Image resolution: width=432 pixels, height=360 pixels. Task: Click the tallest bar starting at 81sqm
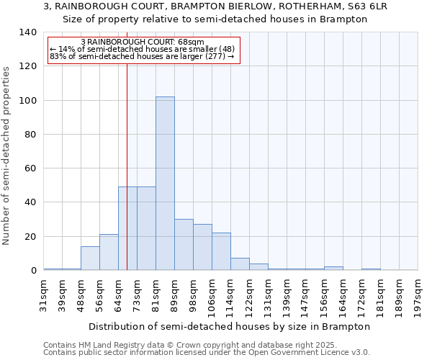tap(165, 184)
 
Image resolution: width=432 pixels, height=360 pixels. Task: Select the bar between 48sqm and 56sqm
tap(90, 258)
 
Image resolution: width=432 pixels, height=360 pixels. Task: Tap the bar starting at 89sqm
tap(184, 245)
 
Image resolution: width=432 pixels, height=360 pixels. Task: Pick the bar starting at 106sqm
tap(221, 251)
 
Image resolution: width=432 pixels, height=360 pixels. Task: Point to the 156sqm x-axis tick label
tap(325, 293)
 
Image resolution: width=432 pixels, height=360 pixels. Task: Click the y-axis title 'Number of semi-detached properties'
tap(7, 155)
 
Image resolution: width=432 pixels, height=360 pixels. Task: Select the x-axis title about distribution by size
tap(230, 326)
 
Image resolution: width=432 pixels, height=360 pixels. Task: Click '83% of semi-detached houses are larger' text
tap(142, 56)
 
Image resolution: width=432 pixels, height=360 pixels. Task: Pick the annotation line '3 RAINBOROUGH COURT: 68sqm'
tap(143, 42)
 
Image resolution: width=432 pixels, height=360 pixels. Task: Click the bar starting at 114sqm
tap(240, 264)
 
